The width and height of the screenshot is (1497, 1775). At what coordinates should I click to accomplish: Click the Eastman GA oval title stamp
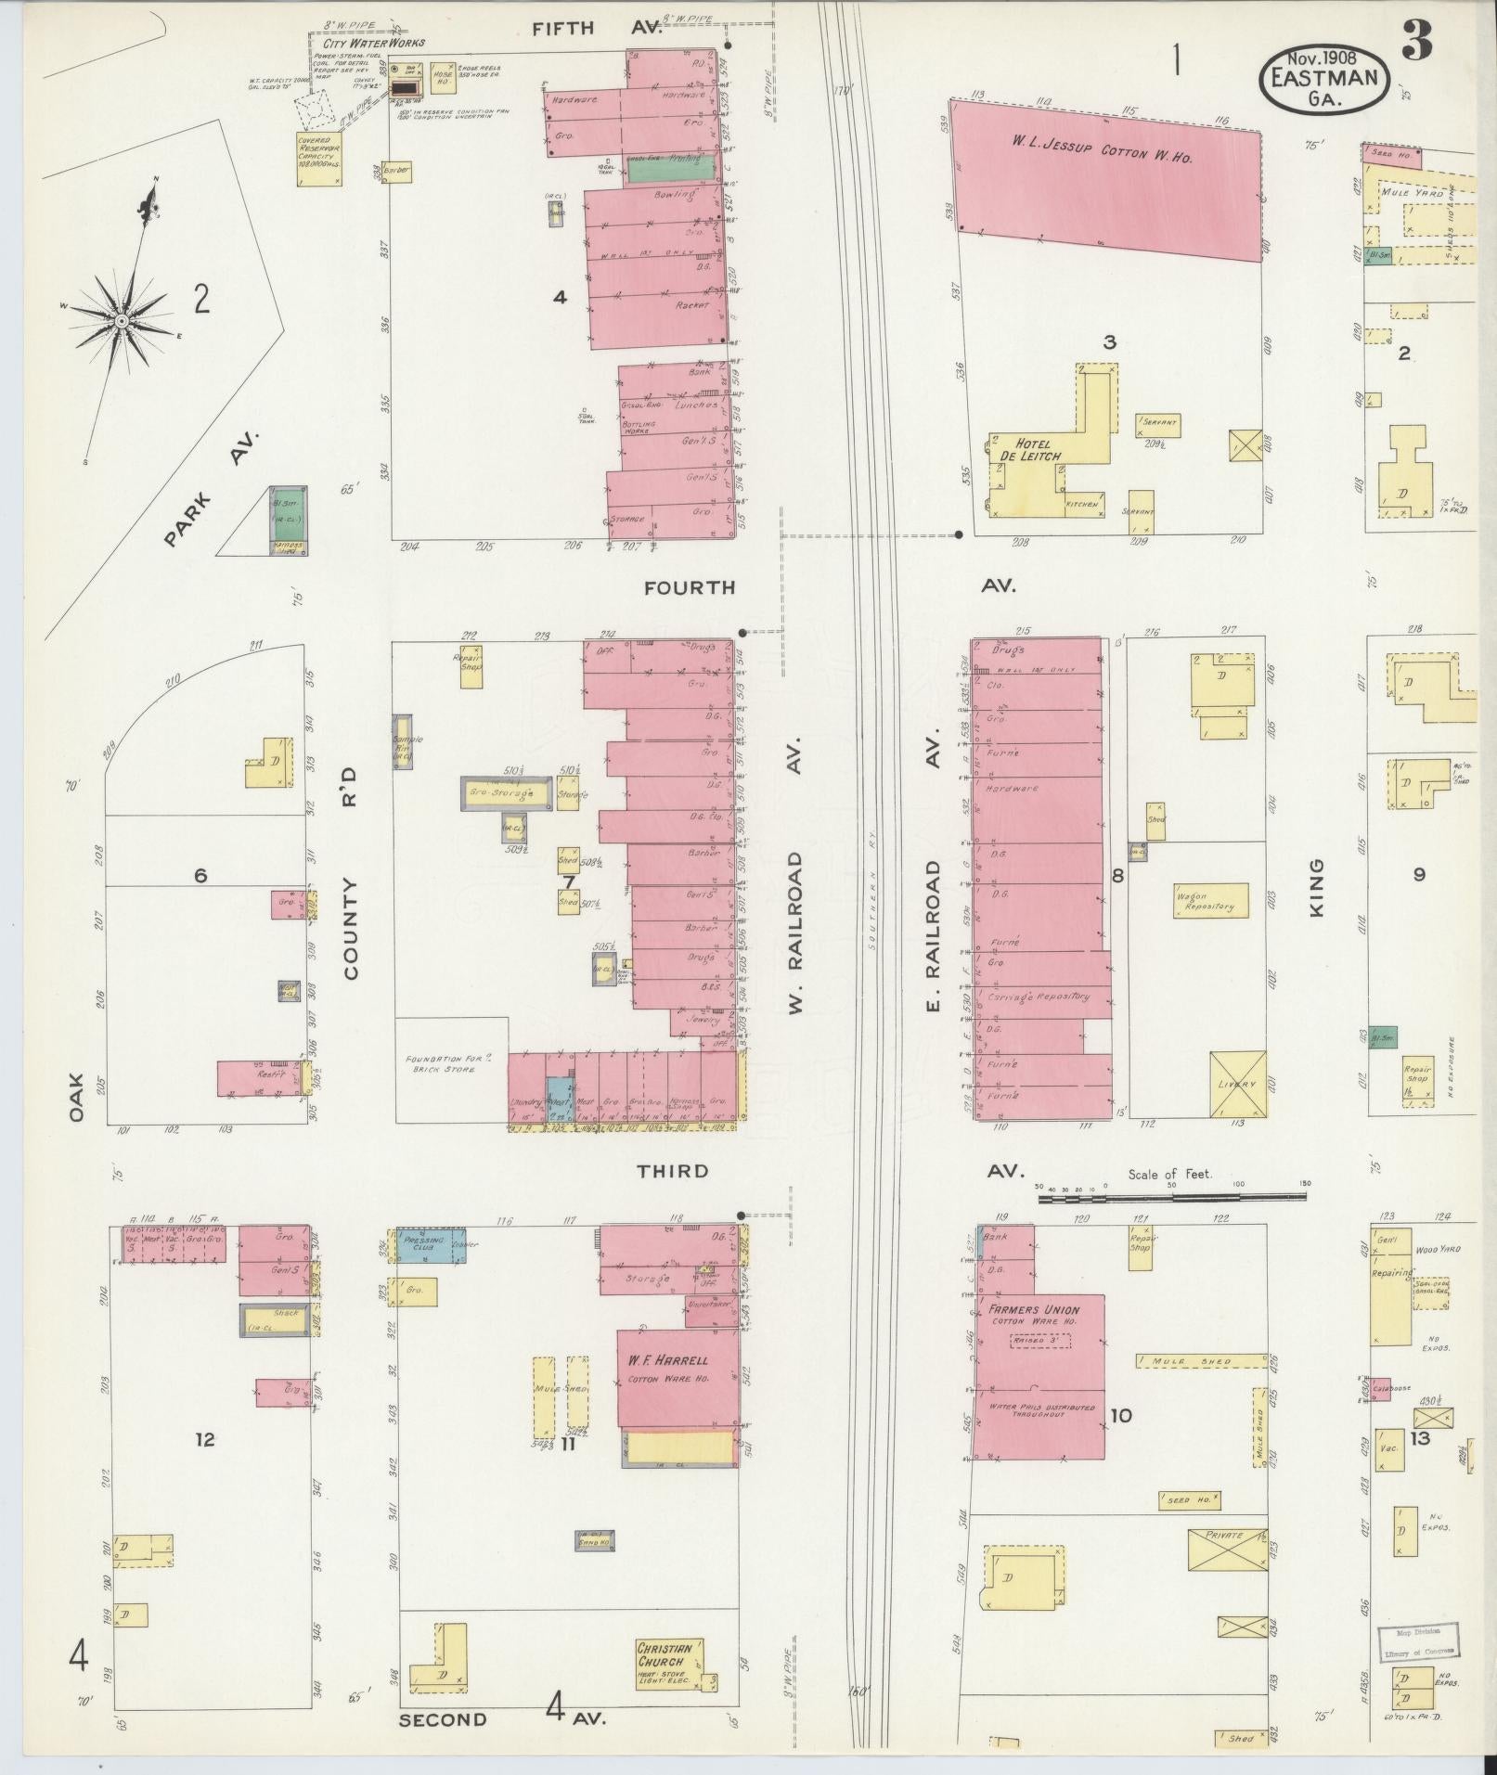pos(1324,78)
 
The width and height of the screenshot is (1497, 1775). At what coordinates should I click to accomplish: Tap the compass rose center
pos(121,321)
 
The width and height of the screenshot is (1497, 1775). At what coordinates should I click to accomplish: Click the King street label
pos(1316,888)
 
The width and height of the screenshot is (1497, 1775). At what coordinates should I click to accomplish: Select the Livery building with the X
pos(1238,1084)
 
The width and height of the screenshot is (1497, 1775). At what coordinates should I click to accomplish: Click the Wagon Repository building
pos(1210,901)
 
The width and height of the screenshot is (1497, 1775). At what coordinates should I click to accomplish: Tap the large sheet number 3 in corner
pos(1416,42)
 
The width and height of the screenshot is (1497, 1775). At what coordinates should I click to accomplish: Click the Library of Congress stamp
pos(1416,1640)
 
